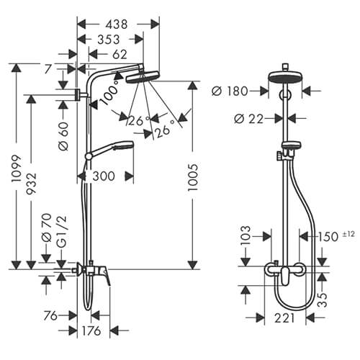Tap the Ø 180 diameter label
231,91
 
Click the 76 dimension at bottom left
50,315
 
